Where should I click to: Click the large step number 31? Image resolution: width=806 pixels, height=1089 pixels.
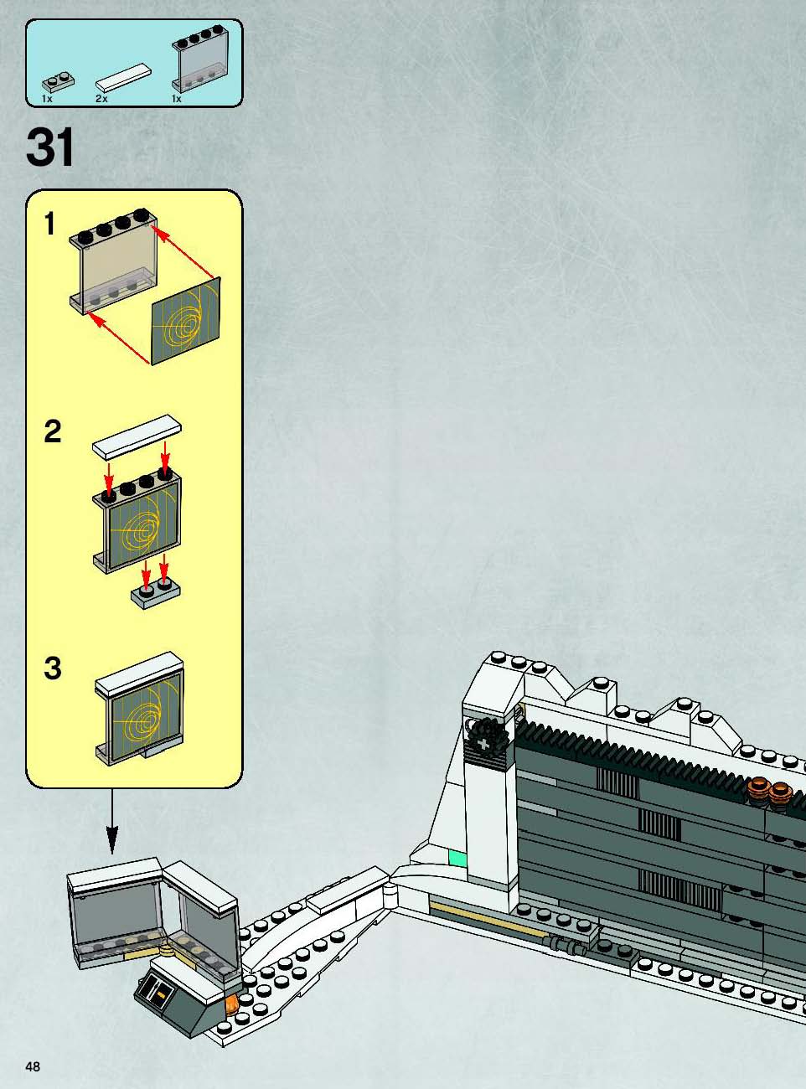pyautogui.click(x=50, y=147)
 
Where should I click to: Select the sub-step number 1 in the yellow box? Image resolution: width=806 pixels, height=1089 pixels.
pyautogui.click(x=49, y=224)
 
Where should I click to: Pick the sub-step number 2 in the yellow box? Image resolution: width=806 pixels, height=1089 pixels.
pyautogui.click(x=53, y=431)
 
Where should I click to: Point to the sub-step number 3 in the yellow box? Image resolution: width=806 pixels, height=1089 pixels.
pyautogui.click(x=53, y=668)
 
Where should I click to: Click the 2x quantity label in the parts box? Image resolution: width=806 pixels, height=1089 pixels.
pyautogui.click(x=101, y=99)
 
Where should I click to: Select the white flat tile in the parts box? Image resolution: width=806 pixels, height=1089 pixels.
pyautogui.click(x=123, y=77)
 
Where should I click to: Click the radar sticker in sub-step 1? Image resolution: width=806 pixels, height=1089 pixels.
pyautogui.click(x=186, y=322)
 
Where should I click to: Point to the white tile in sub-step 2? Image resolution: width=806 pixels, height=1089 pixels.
pyautogui.click(x=137, y=437)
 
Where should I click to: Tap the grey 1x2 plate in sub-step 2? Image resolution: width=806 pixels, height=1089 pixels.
pyautogui.click(x=156, y=594)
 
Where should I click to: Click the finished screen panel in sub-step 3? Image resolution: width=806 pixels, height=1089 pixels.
pyautogui.click(x=139, y=708)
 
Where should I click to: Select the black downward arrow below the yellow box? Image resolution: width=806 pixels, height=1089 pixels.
pyautogui.click(x=112, y=821)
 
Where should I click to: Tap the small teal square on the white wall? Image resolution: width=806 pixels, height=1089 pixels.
pyautogui.click(x=457, y=859)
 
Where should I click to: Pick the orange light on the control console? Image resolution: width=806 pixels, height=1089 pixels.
pyautogui.click(x=231, y=1004)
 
